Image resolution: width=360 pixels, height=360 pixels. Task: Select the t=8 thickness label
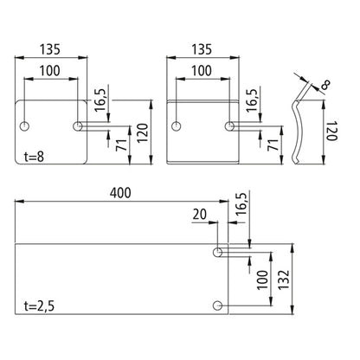pos(33,157)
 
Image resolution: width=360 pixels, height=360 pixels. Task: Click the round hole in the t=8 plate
pos(27,126)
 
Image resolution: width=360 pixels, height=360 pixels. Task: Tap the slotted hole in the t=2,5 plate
pos(221,254)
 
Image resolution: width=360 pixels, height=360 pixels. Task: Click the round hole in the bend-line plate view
pos(177,126)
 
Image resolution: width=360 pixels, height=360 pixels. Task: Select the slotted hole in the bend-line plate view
pos(231,126)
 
